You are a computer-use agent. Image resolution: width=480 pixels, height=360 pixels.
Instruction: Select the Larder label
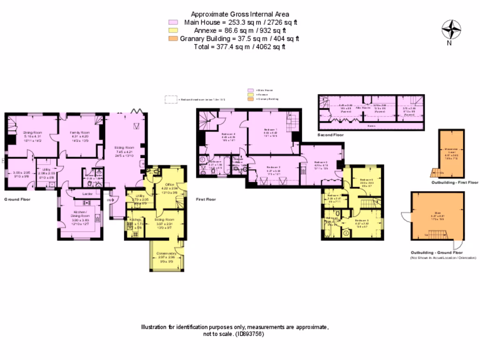click(x=86, y=193)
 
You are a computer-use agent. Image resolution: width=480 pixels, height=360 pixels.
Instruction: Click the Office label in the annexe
click(x=170, y=185)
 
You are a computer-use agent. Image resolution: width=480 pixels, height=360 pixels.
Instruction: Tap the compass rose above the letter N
click(x=450, y=30)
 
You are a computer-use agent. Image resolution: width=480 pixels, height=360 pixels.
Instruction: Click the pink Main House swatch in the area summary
click(x=173, y=22)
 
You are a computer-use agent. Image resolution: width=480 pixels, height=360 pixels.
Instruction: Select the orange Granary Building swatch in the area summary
click(x=173, y=39)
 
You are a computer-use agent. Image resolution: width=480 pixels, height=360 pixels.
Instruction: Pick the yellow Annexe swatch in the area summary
click(x=173, y=30)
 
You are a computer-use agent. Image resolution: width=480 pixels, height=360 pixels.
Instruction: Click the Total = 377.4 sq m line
click(x=240, y=47)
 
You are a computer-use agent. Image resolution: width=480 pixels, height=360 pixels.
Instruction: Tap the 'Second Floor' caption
click(x=331, y=135)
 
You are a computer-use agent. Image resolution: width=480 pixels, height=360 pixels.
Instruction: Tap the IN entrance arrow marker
click(x=110, y=200)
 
